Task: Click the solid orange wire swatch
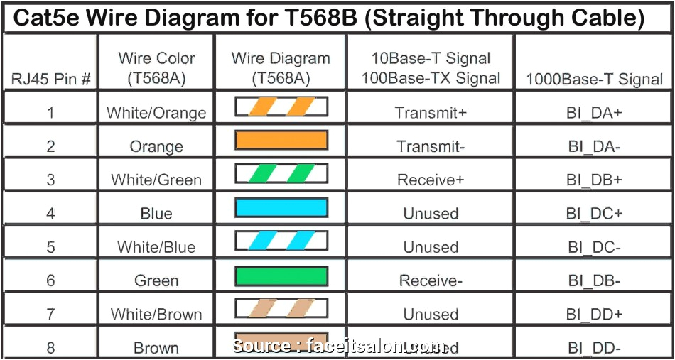[281, 141]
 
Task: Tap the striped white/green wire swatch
[281, 174]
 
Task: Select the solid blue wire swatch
[281, 207]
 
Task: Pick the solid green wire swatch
[281, 276]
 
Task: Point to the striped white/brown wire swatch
[281, 309]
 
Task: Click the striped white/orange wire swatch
[281, 107]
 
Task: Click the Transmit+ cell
[431, 112]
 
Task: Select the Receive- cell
[431, 281]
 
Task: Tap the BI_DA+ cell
[594, 112]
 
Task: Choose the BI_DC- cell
[594, 247]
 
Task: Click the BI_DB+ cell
[594, 180]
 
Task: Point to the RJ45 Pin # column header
[50, 79]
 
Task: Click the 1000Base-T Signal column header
[594, 79]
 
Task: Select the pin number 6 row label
[50, 281]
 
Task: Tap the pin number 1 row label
[50, 112]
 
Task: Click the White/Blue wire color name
[156, 247]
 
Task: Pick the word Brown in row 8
[156, 348]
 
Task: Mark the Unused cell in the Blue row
[431, 214]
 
